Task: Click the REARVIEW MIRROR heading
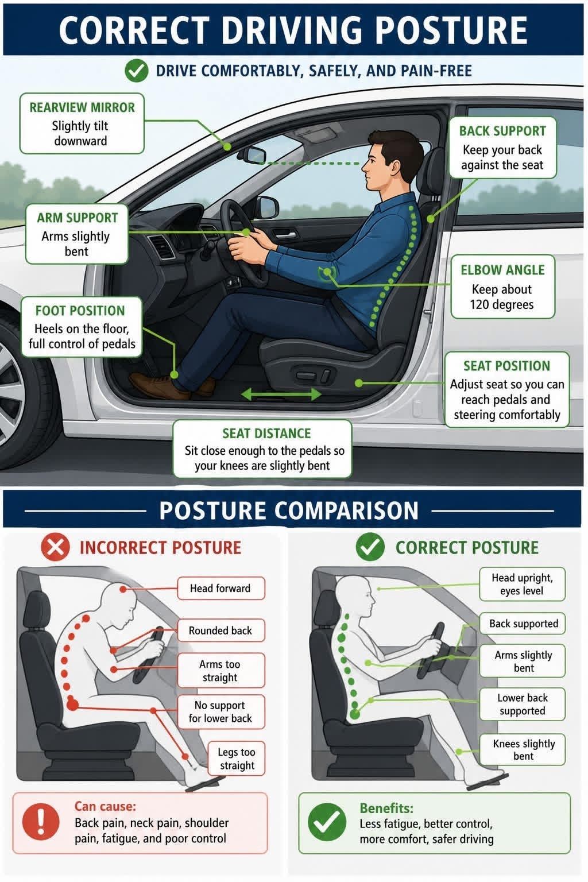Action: [82, 107]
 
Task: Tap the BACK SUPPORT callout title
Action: [502, 131]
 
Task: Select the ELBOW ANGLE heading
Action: [502, 270]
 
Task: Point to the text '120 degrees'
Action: [502, 304]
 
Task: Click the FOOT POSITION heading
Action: [80, 311]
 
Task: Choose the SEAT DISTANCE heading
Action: [266, 434]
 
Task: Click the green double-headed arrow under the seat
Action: [281, 394]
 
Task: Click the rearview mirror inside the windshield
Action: [252, 154]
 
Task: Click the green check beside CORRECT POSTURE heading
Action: [370, 547]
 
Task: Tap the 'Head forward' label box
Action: [221, 588]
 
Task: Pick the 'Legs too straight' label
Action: [237, 759]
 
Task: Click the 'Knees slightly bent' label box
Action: [523, 750]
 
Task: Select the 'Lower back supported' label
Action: [523, 704]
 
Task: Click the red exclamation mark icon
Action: [41, 822]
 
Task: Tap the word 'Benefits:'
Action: [386, 808]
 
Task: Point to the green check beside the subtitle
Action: [136, 71]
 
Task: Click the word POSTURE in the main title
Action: [451, 30]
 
